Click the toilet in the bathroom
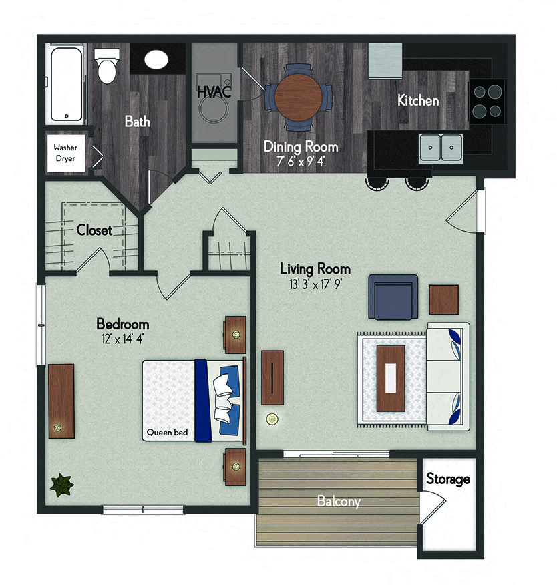tap(107, 66)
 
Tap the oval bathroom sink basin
tap(156, 59)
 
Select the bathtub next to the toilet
tap(66, 84)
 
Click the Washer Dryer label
tap(65, 153)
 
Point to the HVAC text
tap(214, 91)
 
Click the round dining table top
tap(298, 97)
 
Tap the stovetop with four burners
tap(488, 101)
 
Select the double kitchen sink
tap(441, 148)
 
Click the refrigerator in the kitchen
tap(385, 61)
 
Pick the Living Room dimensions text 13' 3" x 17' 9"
tap(315, 284)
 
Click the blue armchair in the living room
tap(393, 297)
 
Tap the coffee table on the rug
tap(391, 378)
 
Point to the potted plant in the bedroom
tap(62, 485)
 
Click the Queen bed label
tap(167, 433)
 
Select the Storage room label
tap(448, 479)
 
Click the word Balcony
tap(339, 501)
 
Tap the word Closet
tap(94, 230)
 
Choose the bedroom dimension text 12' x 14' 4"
tap(122, 339)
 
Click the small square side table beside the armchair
tap(443, 300)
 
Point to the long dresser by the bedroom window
tap(61, 401)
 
